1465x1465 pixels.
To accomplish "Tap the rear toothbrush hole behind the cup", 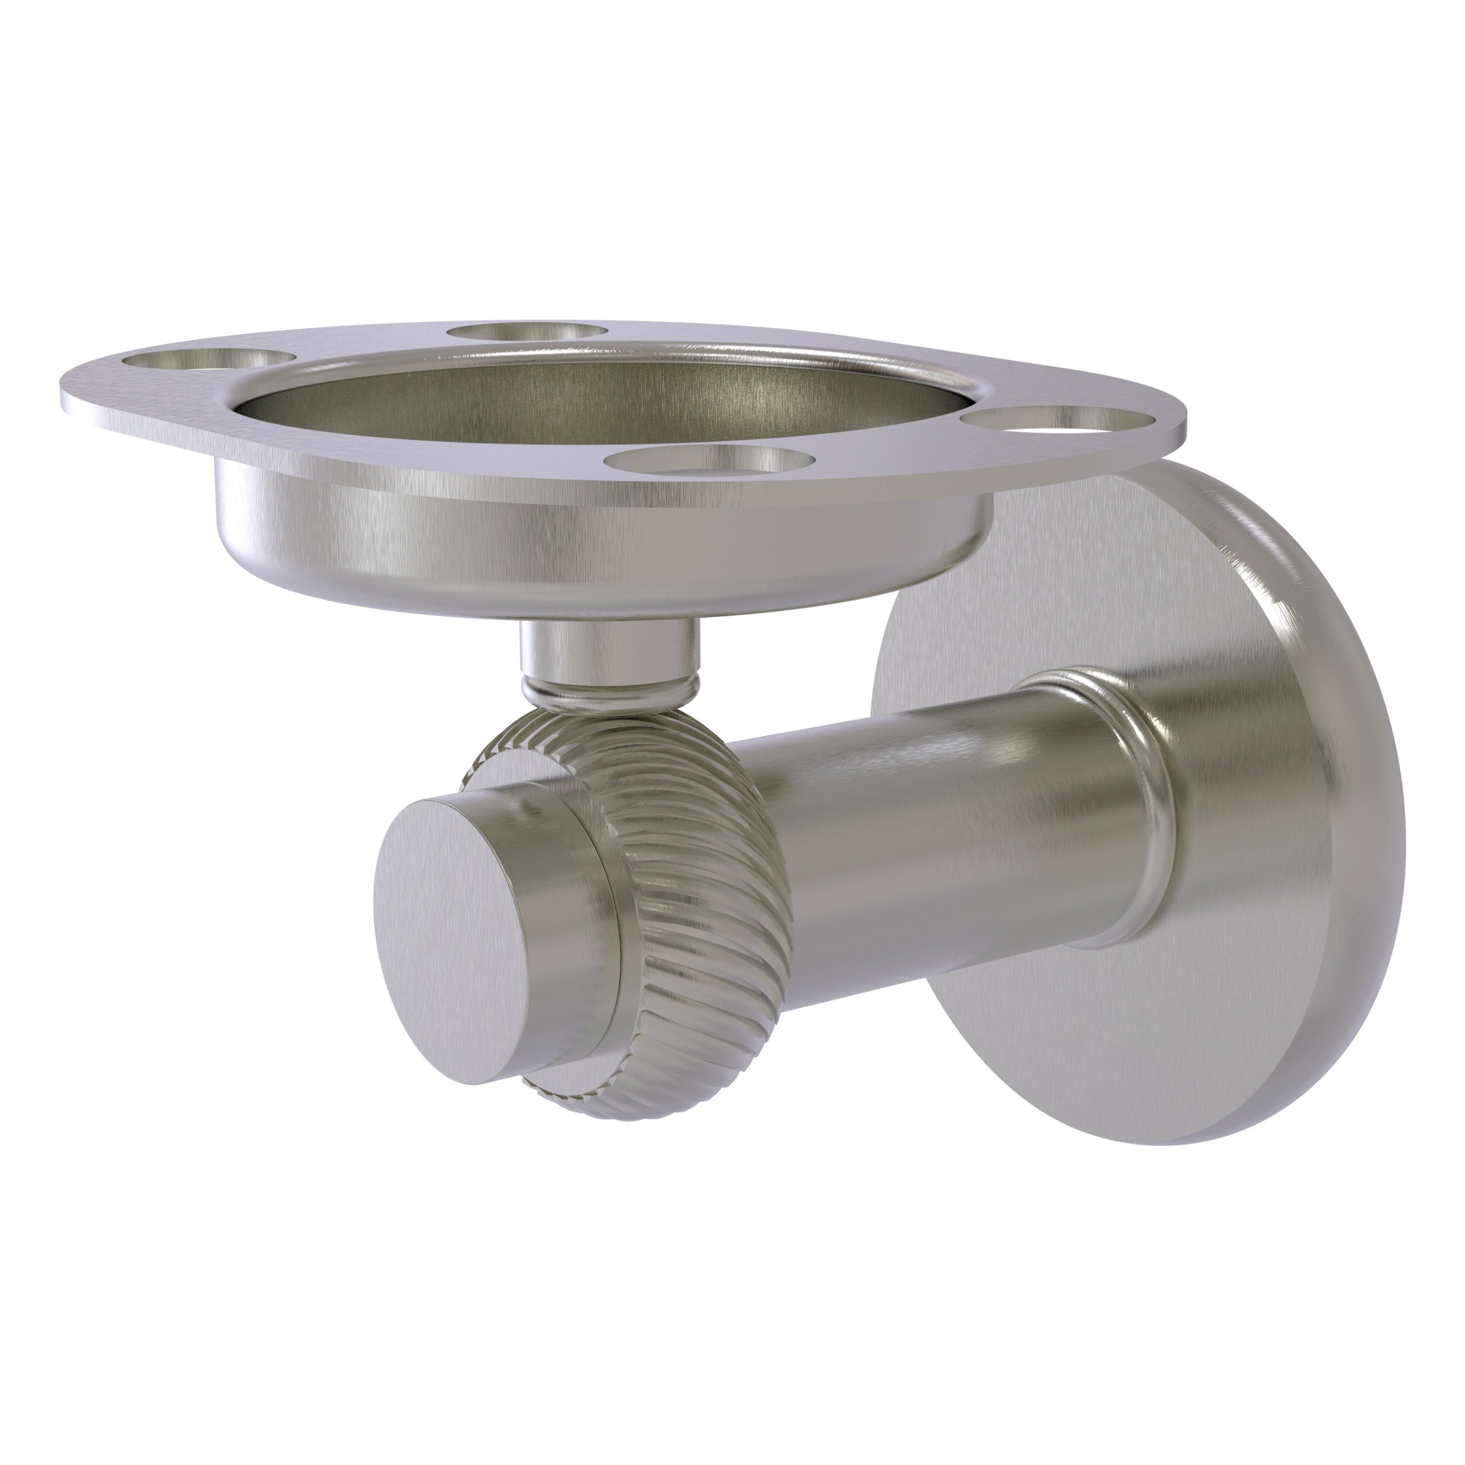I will coord(529,332).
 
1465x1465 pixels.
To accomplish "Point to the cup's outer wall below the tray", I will coord(531,531).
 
